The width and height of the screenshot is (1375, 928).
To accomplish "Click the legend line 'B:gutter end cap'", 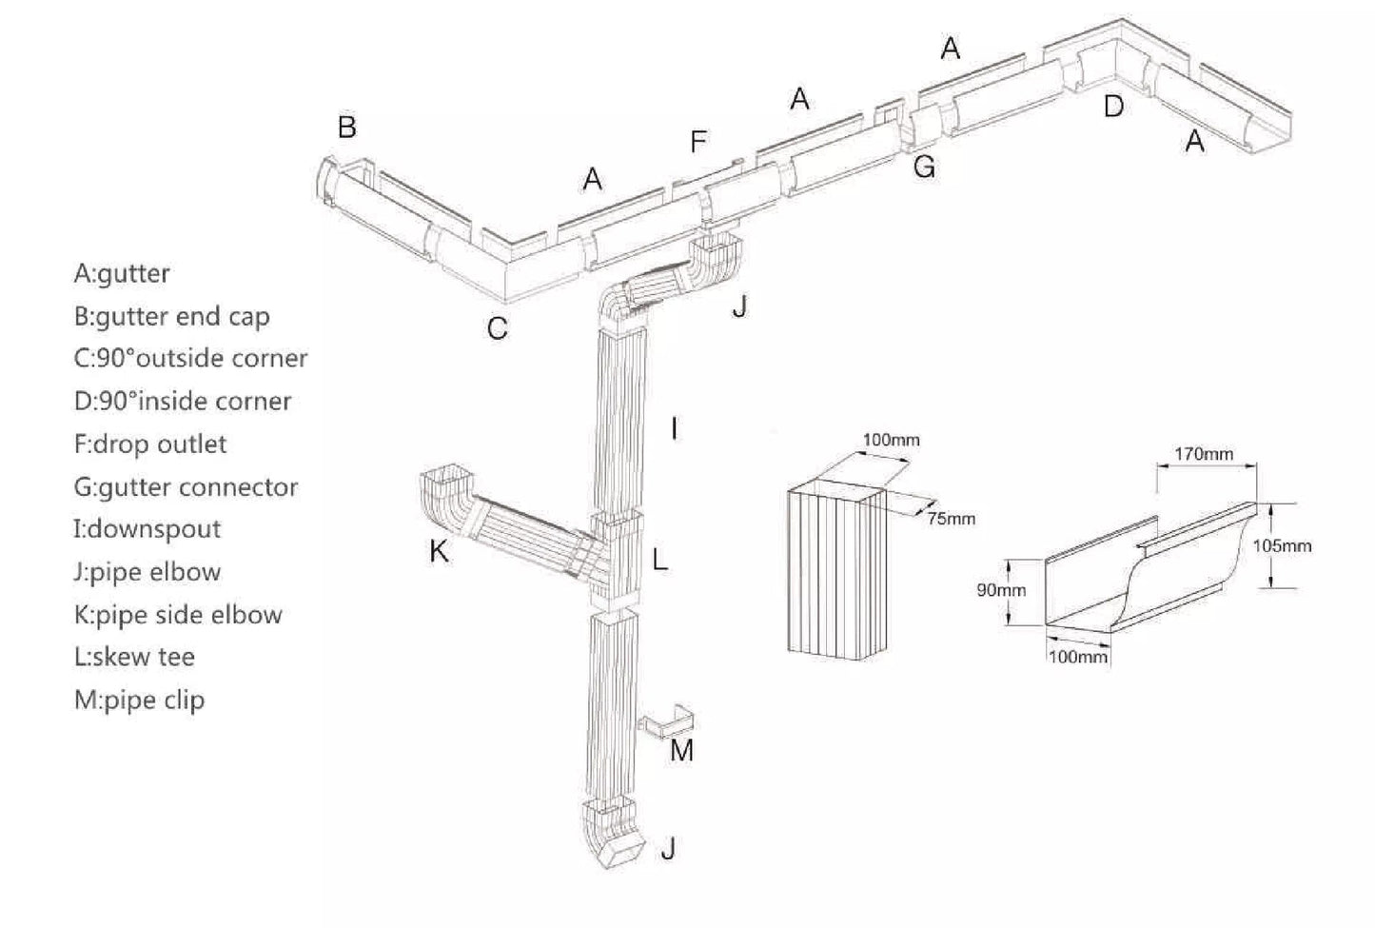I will coord(171,316).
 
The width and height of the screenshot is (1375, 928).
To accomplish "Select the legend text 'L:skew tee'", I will coord(133,657).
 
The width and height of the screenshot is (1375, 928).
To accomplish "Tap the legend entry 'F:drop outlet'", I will coord(149,444).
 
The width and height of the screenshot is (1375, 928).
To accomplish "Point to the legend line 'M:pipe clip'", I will coord(139,700).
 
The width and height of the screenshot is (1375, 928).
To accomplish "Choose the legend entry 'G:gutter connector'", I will coord(186,487).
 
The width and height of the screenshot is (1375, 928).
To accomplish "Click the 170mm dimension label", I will coord(1203,454).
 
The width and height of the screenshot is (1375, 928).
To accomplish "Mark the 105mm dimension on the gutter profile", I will coord(1282,546).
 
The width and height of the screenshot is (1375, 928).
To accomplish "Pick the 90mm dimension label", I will coord(1001,590).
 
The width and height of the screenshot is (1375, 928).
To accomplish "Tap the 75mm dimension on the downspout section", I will coord(951,519).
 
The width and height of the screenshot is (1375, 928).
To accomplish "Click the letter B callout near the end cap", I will coord(347,127).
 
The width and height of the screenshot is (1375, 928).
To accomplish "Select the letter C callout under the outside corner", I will coord(497,328).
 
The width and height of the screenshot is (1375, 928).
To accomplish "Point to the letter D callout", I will coord(1113,107).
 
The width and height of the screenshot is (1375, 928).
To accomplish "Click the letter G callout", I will coord(924,168).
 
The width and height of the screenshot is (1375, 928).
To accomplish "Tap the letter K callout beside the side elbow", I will coord(439,551).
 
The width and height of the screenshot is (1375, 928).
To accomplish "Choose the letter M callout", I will coord(681,751).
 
